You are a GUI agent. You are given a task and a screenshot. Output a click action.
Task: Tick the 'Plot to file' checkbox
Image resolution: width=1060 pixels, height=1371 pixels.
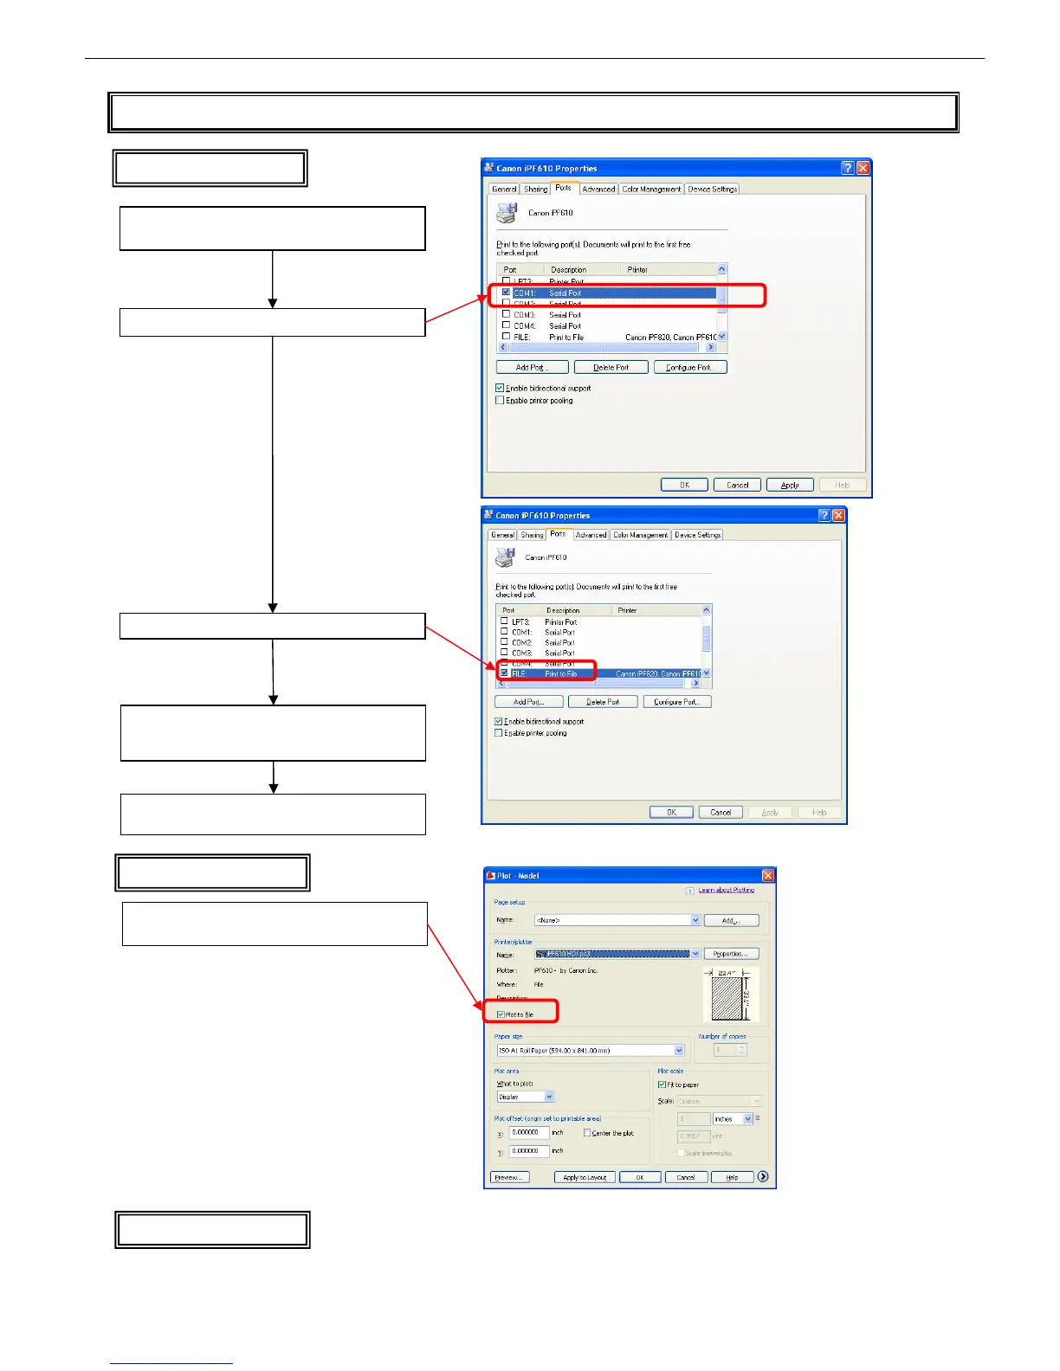(501, 1014)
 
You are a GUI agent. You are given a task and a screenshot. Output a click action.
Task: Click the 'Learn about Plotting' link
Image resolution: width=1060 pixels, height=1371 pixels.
(726, 890)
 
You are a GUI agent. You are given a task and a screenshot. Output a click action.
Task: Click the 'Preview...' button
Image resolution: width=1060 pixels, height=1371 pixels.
(509, 1177)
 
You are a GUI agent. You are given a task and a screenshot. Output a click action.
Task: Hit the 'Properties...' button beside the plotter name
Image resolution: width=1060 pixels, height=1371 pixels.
(731, 954)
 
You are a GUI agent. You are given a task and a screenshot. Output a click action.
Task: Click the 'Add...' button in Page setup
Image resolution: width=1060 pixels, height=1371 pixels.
(731, 920)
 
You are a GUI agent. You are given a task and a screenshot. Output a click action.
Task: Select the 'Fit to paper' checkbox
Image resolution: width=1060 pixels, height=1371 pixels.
(662, 1085)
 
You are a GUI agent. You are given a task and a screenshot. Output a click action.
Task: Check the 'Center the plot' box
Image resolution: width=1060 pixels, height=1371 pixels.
(587, 1133)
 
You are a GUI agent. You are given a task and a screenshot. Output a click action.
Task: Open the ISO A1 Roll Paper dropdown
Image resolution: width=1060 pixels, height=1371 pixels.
(678, 1051)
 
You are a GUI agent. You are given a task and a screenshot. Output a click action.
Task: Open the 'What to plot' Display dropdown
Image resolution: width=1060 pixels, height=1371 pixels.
(549, 1097)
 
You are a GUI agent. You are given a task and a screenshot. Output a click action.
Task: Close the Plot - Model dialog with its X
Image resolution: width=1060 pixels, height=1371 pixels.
(767, 876)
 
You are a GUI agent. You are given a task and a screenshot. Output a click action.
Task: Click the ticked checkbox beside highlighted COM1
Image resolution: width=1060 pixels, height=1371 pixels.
(507, 293)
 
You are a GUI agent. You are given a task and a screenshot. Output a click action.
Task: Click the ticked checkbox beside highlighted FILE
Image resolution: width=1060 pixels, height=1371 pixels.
(505, 673)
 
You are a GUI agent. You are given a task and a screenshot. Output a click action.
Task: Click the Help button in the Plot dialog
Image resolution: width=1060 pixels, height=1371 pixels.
(732, 1177)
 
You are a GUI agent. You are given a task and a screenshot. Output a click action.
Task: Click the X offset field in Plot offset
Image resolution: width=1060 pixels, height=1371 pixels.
(528, 1132)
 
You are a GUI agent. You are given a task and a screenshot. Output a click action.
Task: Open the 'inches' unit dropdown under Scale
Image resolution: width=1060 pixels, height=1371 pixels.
(747, 1119)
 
